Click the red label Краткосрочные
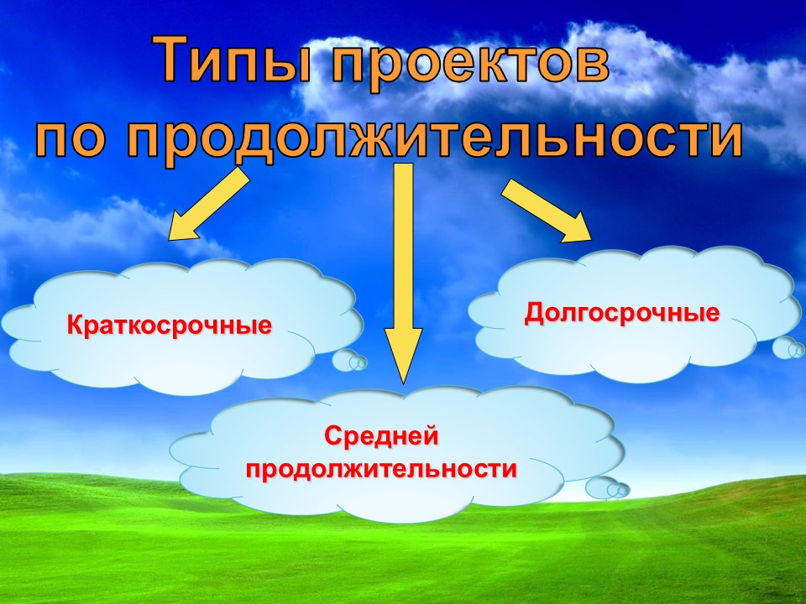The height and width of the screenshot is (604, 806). pos(170,325)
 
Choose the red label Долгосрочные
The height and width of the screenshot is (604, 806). pos(622,312)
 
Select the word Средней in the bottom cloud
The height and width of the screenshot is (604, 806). pos(381,436)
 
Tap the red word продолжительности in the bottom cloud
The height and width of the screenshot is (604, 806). pos(381,468)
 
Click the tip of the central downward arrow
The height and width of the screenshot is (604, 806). pos(404,383)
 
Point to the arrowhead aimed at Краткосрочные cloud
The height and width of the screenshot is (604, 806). pos(182,227)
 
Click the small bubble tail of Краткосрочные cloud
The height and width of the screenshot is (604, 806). pos(349,360)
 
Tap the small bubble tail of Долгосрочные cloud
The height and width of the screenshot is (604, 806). pos(788,347)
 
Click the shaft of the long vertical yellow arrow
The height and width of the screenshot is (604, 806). pos(404,247)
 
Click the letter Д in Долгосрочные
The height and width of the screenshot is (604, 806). pos(535,312)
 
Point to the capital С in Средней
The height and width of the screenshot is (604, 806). pos(334,436)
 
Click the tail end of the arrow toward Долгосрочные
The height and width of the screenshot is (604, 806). pos(507,187)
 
